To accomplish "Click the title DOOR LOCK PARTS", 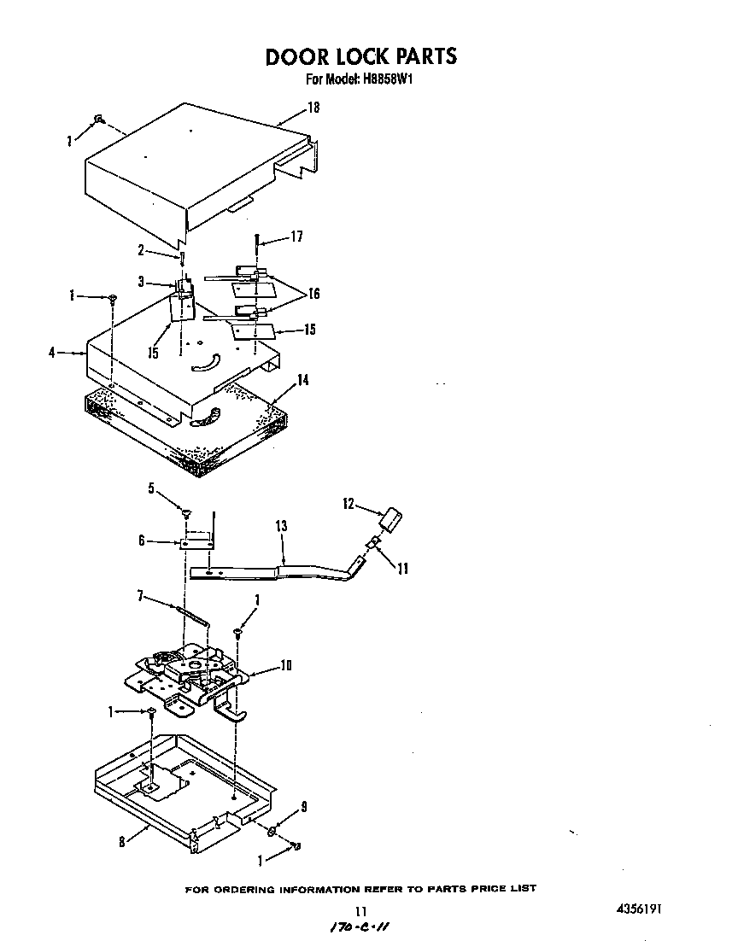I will click(x=360, y=56).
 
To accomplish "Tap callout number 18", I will click(x=313, y=107).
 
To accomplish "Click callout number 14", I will click(x=302, y=380).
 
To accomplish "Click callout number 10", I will click(x=286, y=666).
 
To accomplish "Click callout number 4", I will click(x=53, y=351).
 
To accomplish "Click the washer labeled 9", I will click(x=270, y=832).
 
